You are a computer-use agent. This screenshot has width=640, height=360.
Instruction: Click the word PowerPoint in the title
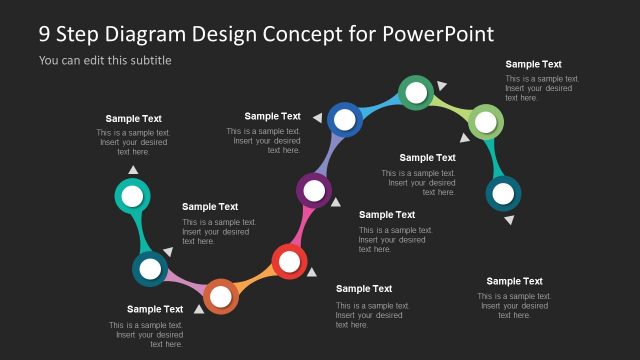coord(438,34)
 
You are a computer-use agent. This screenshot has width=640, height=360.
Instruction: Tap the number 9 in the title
coord(45,34)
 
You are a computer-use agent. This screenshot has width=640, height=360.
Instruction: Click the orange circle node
coord(220,296)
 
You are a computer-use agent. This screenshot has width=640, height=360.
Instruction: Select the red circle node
coord(289,262)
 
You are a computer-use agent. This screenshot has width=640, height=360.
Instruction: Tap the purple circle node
coord(314,188)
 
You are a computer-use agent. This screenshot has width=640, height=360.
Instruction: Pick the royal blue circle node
coord(344,120)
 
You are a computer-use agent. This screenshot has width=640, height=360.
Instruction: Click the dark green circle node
coord(415,92)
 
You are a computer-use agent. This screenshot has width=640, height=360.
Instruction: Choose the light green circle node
coord(485,122)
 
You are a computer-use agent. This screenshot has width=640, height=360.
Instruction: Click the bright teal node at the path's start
coord(132,196)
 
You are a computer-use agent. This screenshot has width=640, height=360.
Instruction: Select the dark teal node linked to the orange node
coord(150,268)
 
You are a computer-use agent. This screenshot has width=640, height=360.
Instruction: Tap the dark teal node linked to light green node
coord(502,193)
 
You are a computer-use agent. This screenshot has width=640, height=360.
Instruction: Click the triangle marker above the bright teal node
coord(133,170)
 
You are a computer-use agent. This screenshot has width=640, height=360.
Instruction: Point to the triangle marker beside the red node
coord(308,273)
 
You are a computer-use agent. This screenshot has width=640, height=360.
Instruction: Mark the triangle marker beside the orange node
coord(199,309)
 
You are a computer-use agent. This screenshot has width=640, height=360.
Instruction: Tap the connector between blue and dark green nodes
coord(380,104)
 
